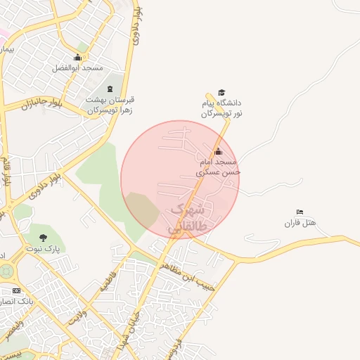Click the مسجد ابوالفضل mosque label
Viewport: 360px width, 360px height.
point(77,68)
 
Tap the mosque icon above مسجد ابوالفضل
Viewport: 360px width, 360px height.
point(77,57)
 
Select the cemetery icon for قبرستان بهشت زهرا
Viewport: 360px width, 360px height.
point(110,89)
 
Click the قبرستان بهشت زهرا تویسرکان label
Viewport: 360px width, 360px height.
point(110,105)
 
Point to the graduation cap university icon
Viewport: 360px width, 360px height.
point(221,93)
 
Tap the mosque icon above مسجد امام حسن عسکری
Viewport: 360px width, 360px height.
point(218,151)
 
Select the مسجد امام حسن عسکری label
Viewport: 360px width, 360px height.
point(219,167)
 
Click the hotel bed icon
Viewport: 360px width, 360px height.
point(300,212)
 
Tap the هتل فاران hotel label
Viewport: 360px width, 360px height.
point(300,224)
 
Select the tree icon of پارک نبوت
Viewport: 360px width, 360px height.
point(44,238)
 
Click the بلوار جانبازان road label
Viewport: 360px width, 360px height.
point(41,105)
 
